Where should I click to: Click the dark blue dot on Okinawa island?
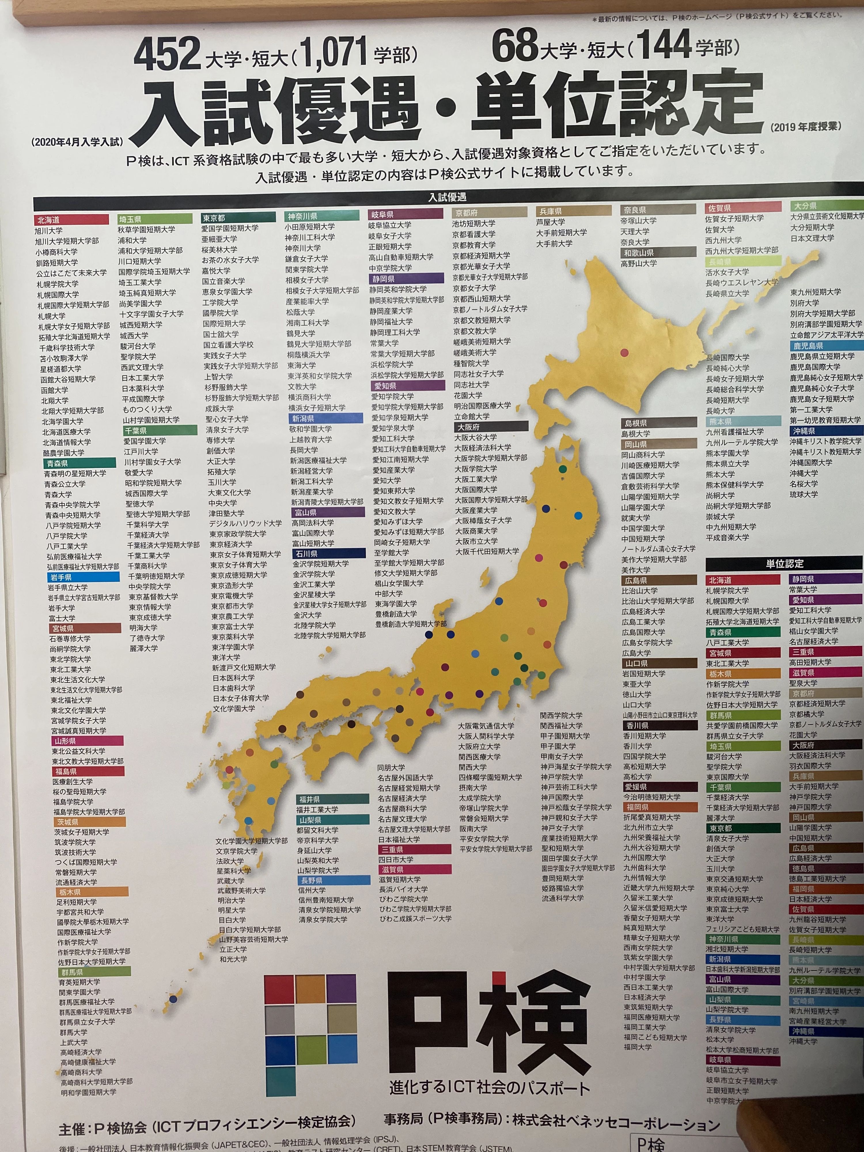173,999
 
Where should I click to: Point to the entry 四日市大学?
395,859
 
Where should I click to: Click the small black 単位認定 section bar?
784,564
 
